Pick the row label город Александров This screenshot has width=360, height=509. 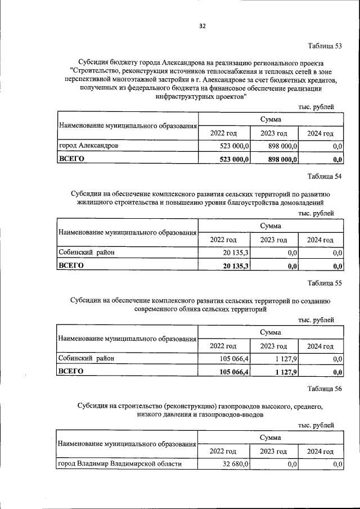click(x=88, y=146)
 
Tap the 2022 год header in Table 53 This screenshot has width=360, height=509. click(x=224, y=133)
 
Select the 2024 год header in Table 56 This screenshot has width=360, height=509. click(x=320, y=452)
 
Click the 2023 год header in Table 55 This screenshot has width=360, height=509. click(x=273, y=346)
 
